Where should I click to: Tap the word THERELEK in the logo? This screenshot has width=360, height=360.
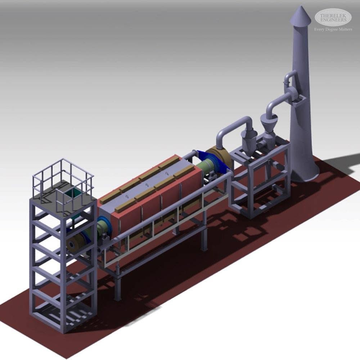[333, 16]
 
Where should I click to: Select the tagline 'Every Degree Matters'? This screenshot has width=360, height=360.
[333, 30]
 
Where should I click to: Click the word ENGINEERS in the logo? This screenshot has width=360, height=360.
[333, 20]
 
